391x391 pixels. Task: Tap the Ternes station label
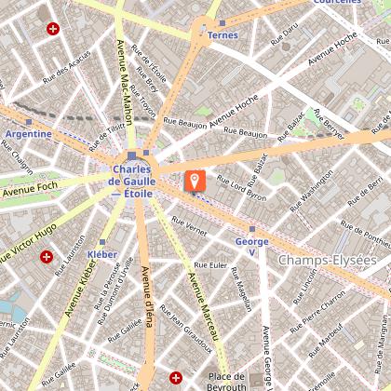coord(223,35)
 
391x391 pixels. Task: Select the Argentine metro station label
coord(28,134)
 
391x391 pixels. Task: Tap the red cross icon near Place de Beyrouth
coord(176,376)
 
